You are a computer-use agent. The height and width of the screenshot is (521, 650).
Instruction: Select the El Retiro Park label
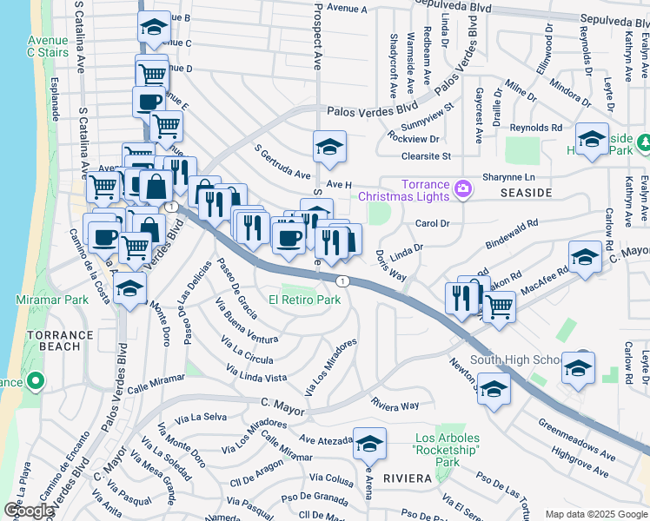tap(304, 300)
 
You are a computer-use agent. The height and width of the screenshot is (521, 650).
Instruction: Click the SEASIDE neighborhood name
tap(527, 190)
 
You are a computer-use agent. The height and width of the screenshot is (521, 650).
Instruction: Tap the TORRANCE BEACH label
tap(59, 340)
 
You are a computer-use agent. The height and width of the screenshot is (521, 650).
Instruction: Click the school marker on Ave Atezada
tap(369, 445)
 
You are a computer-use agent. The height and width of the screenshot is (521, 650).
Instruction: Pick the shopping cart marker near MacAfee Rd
tap(498, 306)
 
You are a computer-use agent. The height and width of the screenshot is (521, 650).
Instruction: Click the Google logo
tap(29, 511)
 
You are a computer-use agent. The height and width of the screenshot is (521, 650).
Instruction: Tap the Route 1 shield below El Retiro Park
tap(343, 280)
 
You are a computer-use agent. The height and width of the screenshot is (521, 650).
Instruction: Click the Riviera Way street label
tap(395, 405)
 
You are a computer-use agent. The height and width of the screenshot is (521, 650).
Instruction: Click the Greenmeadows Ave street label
tap(576, 440)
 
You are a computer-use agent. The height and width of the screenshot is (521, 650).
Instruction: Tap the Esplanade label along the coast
tap(56, 102)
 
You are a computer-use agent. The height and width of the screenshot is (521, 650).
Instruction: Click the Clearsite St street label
tap(426, 156)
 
